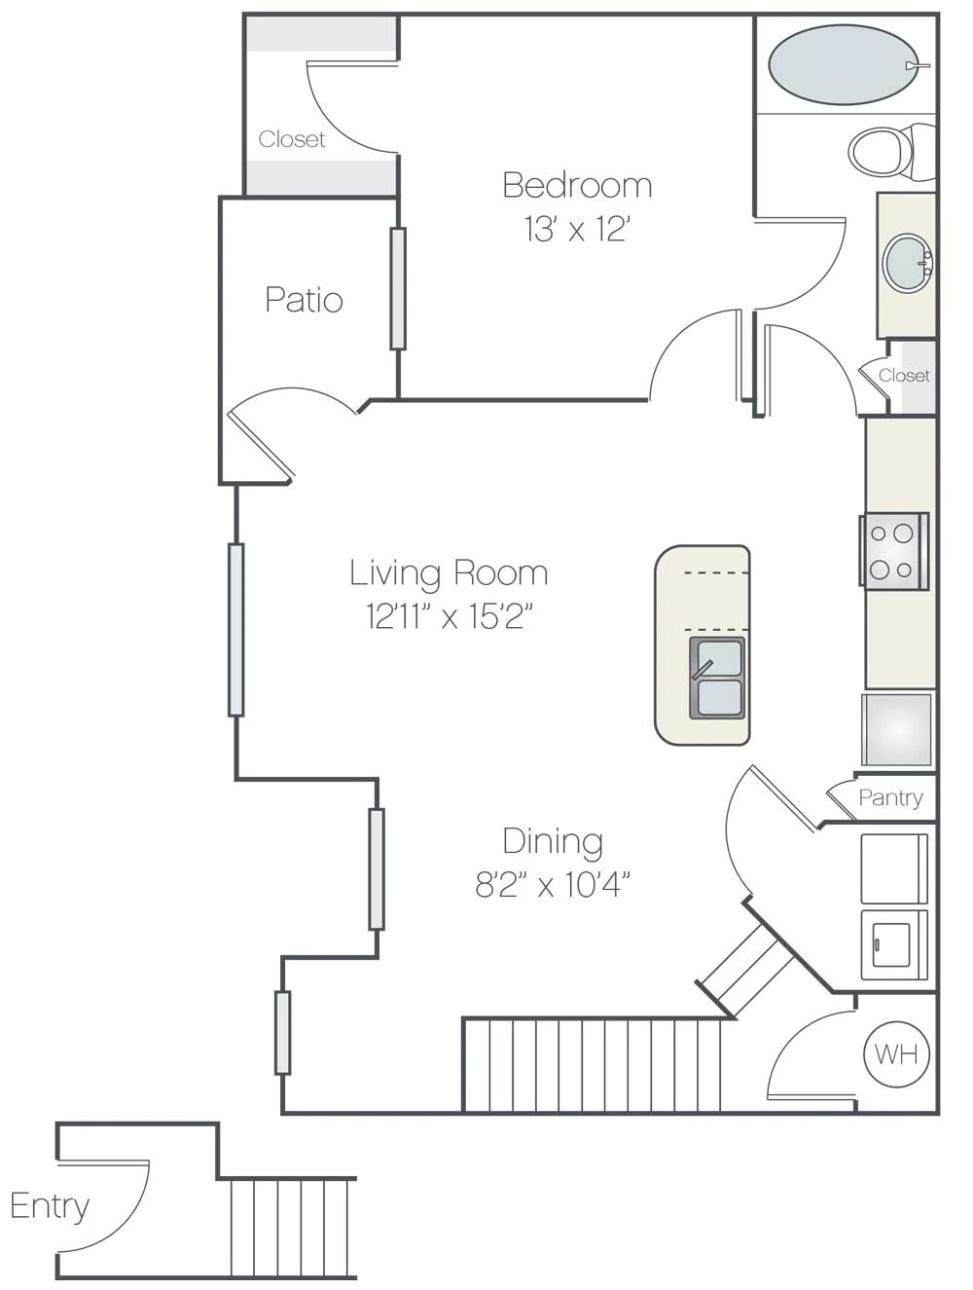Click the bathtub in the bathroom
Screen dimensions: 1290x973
click(x=843, y=64)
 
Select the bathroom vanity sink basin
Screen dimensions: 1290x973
click(x=907, y=262)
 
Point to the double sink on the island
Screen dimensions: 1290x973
click(x=717, y=678)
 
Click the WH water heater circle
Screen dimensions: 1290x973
click(x=896, y=1053)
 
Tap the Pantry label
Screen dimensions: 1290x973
click(x=890, y=797)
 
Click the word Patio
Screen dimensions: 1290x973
click(x=304, y=300)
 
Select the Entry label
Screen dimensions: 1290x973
click(x=50, y=1205)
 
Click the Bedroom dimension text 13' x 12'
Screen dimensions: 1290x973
click(x=577, y=230)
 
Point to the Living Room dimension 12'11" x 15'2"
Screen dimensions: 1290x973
click(x=449, y=615)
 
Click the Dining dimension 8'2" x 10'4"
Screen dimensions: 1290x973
click(x=552, y=884)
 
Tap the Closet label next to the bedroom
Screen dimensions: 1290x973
click(x=292, y=139)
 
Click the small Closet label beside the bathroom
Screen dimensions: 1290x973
click(x=904, y=375)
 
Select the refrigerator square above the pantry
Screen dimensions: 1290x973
click(x=896, y=728)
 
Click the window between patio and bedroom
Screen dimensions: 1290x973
click(x=398, y=288)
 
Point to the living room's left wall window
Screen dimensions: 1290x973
click(x=235, y=629)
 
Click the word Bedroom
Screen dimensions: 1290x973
click(x=577, y=185)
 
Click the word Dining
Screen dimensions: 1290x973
click(x=552, y=840)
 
